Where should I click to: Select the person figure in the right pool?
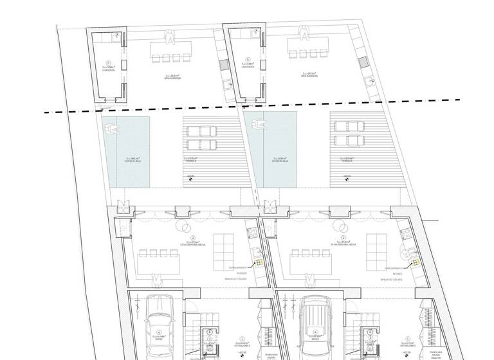(x=259, y=125)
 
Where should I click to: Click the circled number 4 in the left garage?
(x=158, y=332)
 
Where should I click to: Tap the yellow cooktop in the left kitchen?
(x=259, y=263)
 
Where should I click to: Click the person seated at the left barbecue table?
(x=170, y=37)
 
